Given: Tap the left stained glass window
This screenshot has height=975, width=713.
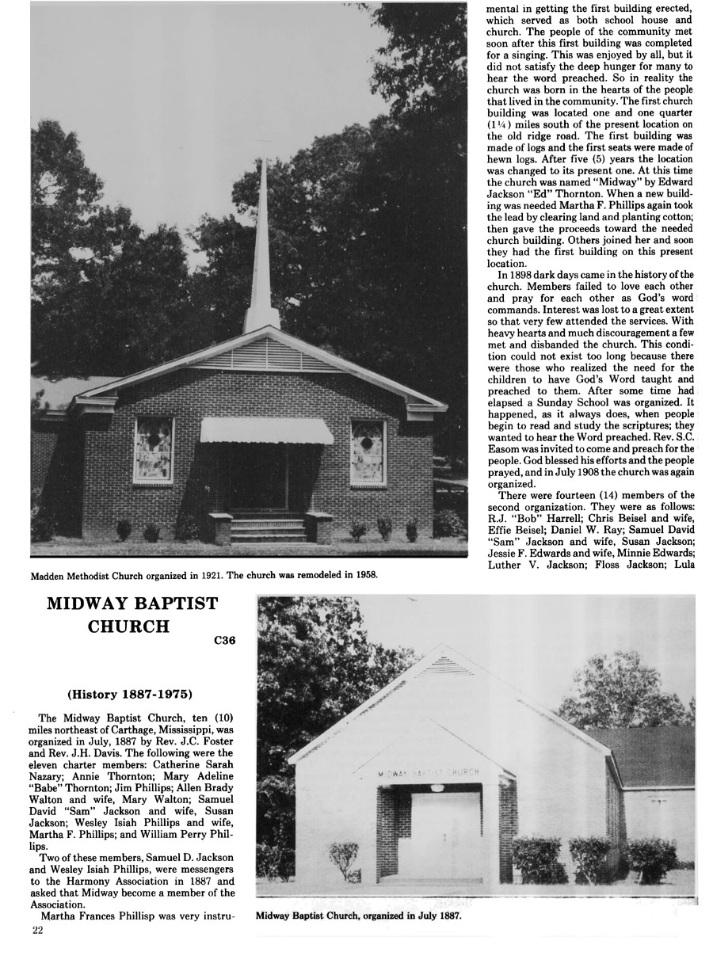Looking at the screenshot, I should pyautogui.click(x=153, y=450).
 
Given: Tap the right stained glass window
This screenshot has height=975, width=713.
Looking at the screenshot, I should pyautogui.click(x=368, y=452).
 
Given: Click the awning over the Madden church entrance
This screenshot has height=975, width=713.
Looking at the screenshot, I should pyautogui.click(x=265, y=431).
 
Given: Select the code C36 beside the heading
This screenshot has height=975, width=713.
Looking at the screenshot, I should pyautogui.click(x=225, y=641).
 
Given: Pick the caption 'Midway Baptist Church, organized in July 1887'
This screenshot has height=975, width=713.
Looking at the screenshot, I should pyautogui.click(x=358, y=916).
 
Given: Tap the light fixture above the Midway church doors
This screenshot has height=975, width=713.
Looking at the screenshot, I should pyautogui.click(x=438, y=787).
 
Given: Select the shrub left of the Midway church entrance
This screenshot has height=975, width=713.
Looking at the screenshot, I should pyautogui.click(x=344, y=859).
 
